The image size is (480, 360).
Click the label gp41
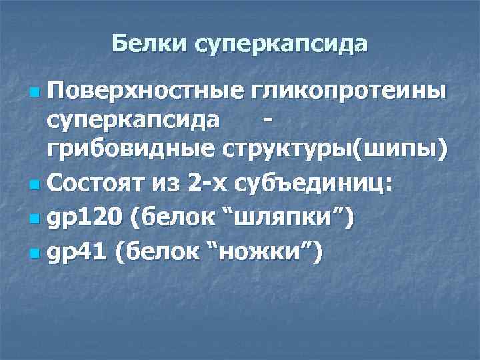(x=76, y=251)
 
